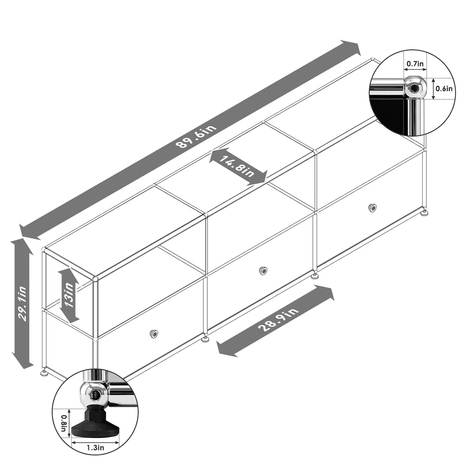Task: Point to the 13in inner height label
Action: click(69, 295)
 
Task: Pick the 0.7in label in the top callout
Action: click(415, 64)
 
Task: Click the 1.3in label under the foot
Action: click(95, 447)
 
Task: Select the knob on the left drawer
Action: click(154, 334)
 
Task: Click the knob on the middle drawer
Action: click(263, 271)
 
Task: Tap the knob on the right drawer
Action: click(372, 208)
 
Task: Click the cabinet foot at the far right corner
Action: click(425, 212)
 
